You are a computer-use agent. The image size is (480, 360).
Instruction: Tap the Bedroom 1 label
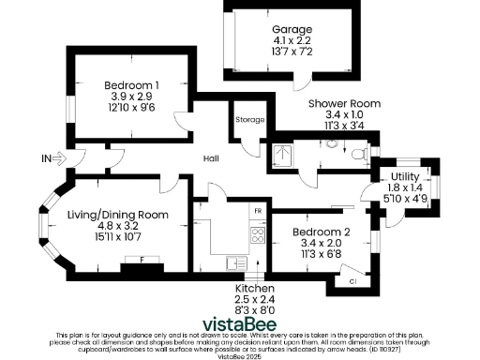(132, 84)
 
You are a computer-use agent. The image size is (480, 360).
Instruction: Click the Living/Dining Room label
(118, 214)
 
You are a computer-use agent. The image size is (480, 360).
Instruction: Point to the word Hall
(211, 158)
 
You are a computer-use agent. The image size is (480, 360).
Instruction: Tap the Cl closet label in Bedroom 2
(352, 279)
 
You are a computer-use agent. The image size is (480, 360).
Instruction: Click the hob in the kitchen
(255, 231)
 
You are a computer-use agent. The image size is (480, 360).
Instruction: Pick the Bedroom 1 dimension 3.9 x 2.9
(132, 96)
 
